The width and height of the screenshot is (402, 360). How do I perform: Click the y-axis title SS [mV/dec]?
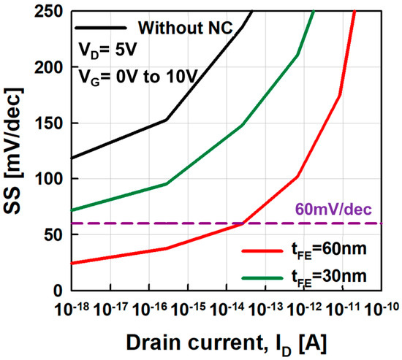coord(17,150)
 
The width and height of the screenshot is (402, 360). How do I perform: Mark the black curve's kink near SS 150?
coord(167,120)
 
